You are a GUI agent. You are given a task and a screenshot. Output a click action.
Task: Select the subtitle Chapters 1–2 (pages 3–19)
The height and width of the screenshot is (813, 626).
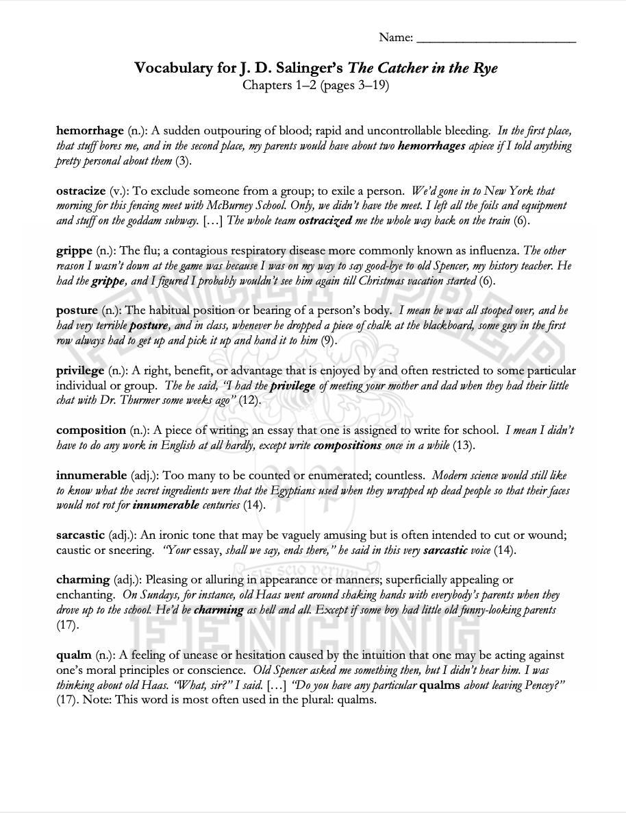(316, 86)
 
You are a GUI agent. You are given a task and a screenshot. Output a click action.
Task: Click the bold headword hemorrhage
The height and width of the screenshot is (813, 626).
(90, 130)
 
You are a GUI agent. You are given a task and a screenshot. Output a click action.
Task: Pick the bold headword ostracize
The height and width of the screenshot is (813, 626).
(81, 191)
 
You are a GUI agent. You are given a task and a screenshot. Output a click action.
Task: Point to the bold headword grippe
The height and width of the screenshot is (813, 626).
(73, 250)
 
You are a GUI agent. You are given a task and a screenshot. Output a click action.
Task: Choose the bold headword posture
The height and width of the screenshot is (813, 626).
(77, 311)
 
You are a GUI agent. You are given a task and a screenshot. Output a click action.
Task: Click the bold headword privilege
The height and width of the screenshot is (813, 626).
(80, 371)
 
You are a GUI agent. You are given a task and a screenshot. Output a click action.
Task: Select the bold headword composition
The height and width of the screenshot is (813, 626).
(91, 430)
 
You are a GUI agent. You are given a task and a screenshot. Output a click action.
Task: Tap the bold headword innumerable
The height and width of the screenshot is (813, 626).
(91, 475)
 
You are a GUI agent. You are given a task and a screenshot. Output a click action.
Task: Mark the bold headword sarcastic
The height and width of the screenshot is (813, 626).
(81, 535)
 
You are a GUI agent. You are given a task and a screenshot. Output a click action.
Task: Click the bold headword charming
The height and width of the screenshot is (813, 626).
(83, 580)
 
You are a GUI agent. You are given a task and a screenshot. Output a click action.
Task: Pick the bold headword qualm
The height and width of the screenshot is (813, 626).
(73, 655)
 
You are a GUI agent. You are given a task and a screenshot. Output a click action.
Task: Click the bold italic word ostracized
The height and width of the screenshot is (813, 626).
(325, 221)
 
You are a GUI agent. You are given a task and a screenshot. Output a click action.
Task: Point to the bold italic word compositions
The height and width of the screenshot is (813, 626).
(347, 446)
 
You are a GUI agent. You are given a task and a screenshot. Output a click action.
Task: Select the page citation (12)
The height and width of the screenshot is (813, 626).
(250, 401)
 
